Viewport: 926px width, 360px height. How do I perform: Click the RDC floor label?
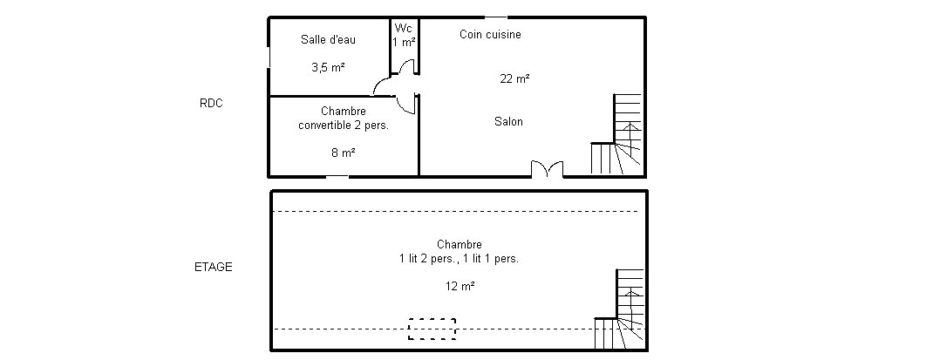(x=211, y=103)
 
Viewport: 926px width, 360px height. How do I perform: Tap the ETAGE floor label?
(x=214, y=267)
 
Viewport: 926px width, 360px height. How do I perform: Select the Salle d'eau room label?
(x=328, y=39)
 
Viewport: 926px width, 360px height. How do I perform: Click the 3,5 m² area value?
(x=328, y=67)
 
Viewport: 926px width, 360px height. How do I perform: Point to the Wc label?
(x=404, y=28)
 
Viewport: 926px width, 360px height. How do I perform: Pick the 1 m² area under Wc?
(x=404, y=42)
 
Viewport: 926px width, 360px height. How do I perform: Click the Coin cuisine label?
(x=490, y=35)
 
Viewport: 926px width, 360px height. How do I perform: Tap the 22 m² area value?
(x=514, y=78)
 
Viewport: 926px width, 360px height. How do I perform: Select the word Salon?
(x=508, y=121)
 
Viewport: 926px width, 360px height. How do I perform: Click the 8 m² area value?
(x=344, y=153)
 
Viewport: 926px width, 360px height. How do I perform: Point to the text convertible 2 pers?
(x=344, y=126)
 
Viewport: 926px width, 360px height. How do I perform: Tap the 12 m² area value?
(x=460, y=286)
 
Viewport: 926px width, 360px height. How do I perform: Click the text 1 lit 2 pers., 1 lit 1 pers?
(x=459, y=259)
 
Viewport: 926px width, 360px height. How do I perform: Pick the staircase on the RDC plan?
(x=616, y=134)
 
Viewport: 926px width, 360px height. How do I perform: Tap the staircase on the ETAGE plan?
(x=619, y=309)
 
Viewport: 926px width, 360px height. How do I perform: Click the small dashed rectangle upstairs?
(x=432, y=329)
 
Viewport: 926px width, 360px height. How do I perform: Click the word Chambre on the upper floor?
(x=460, y=244)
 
